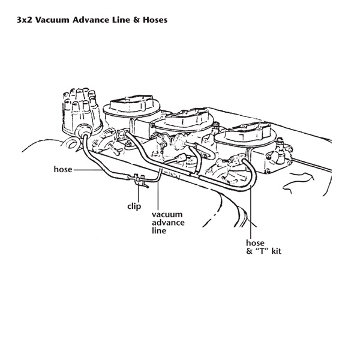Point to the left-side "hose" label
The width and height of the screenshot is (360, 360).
pos(62,170)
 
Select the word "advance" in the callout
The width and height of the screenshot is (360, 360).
pos(167,223)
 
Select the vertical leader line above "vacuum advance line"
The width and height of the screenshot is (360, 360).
pos(157,195)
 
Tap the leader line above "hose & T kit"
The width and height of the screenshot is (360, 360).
pos(253,204)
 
